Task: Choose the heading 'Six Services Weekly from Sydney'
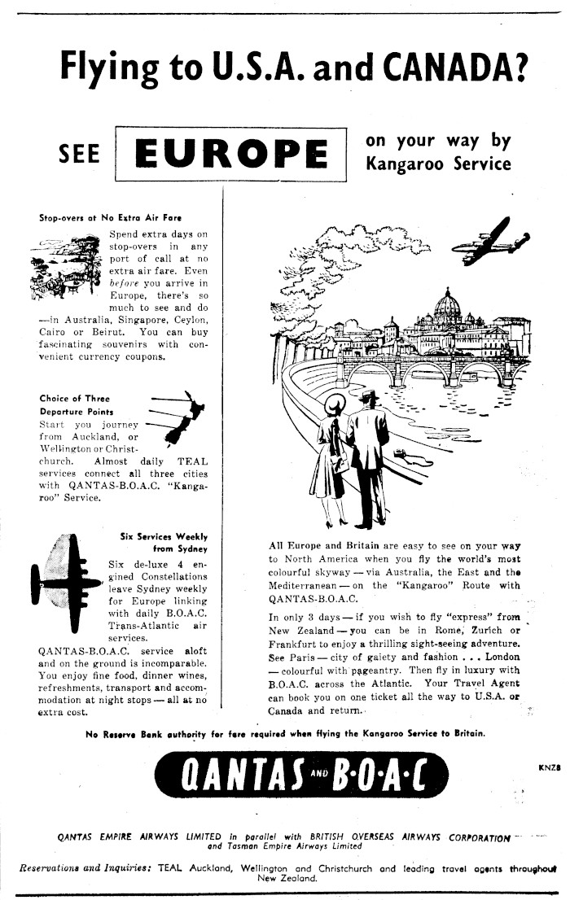164,543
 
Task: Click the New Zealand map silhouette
186,421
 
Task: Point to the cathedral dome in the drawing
446,305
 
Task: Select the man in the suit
367,456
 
